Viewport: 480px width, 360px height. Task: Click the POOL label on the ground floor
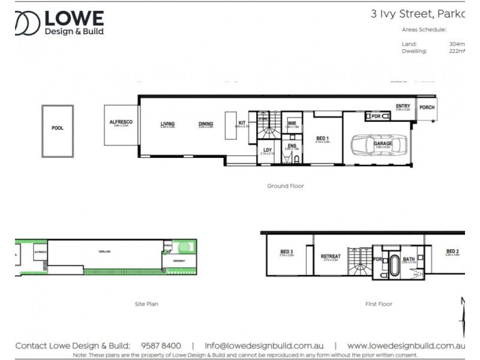coord(58,128)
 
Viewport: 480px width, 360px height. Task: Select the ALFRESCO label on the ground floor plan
coord(121,122)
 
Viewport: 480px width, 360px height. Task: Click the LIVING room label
coord(167,124)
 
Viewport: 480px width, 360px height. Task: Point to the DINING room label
coord(206,124)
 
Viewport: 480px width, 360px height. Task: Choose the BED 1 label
coord(323,139)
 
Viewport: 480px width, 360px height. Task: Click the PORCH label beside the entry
coord(427,107)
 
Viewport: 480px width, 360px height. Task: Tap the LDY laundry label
coord(268,150)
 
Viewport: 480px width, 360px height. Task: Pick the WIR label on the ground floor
coord(292,123)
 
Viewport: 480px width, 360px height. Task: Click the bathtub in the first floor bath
coord(394,266)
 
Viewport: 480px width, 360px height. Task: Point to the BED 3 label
coord(287,251)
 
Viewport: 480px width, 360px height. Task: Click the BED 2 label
coord(452,251)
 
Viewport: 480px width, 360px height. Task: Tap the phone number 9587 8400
coord(161,346)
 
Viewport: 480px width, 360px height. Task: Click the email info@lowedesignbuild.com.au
coord(264,346)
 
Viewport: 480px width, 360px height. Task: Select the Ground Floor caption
coord(286,186)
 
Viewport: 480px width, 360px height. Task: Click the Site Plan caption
coord(146,304)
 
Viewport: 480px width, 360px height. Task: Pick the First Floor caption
coord(379,304)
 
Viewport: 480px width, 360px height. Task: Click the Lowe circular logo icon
coord(28,23)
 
